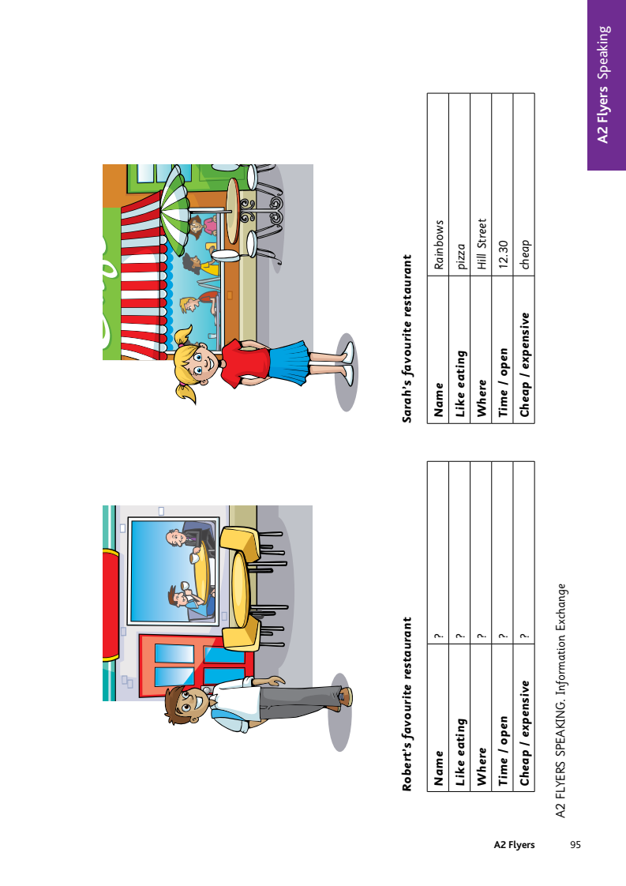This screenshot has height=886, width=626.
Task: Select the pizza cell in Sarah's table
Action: point(461,256)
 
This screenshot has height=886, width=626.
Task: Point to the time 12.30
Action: point(504,254)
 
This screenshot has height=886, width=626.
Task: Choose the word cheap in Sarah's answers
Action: point(525,254)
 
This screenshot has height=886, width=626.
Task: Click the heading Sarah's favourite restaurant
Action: point(407,339)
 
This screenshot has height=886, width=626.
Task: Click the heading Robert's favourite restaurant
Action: point(407,704)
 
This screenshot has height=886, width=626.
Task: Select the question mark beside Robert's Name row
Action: point(439,636)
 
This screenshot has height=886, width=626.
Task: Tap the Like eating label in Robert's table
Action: point(460,752)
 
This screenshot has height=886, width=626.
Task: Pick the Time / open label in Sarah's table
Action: point(503,382)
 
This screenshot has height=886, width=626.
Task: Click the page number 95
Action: point(575,845)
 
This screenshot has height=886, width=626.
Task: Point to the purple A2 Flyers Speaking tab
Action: point(606,84)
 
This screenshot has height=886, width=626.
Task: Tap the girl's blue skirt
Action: point(288,362)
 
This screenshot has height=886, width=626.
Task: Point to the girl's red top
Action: point(245,364)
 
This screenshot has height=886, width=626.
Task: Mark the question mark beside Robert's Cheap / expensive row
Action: point(525,636)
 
